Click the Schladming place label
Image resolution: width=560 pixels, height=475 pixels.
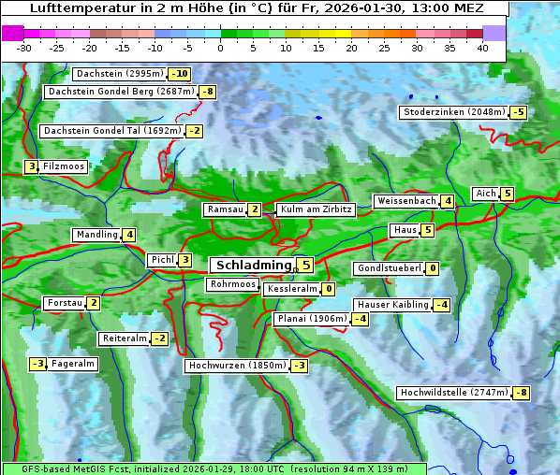[250, 266]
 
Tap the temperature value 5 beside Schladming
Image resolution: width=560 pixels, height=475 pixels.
[305, 266]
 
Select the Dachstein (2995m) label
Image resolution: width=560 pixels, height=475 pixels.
[119, 74]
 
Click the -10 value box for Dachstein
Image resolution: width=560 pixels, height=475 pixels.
[179, 74]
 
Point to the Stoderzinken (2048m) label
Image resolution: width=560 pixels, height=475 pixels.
[453, 112]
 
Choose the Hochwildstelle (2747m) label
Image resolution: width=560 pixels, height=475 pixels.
[453, 393]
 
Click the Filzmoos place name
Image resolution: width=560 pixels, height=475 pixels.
[63, 166]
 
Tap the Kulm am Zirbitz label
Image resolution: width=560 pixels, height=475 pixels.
[316, 210]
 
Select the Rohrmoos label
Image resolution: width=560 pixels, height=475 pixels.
[232, 284]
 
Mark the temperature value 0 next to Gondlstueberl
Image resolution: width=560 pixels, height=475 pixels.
[432, 269]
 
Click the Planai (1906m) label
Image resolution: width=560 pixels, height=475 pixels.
[312, 319]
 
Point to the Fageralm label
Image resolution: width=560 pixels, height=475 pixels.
[72, 364]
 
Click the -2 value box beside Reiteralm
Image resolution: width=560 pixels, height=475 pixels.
[160, 338]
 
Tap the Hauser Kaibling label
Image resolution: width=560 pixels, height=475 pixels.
[392, 305]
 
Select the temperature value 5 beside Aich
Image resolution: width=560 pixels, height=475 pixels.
[507, 194]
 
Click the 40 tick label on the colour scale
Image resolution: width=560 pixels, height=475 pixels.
[482, 48]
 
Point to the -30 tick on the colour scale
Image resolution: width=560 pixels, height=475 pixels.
[24, 48]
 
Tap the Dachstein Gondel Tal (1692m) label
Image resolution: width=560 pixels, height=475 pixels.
[111, 131]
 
